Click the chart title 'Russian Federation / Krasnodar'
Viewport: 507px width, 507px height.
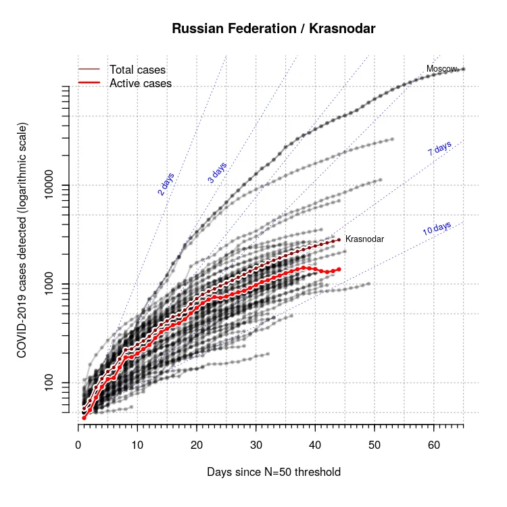point(274,28)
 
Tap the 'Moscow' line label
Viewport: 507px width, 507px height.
point(441,69)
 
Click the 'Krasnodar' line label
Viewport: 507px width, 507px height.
point(364,239)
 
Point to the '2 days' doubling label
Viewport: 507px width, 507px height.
point(166,184)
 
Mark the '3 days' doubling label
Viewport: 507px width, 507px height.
point(217,172)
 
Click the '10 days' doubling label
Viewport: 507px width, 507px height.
point(437,228)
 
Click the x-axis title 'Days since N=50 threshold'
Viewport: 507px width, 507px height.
point(274,472)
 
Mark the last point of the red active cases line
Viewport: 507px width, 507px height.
point(339,269)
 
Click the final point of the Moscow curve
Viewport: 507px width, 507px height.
point(463,69)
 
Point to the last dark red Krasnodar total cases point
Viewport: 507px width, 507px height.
point(339,239)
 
